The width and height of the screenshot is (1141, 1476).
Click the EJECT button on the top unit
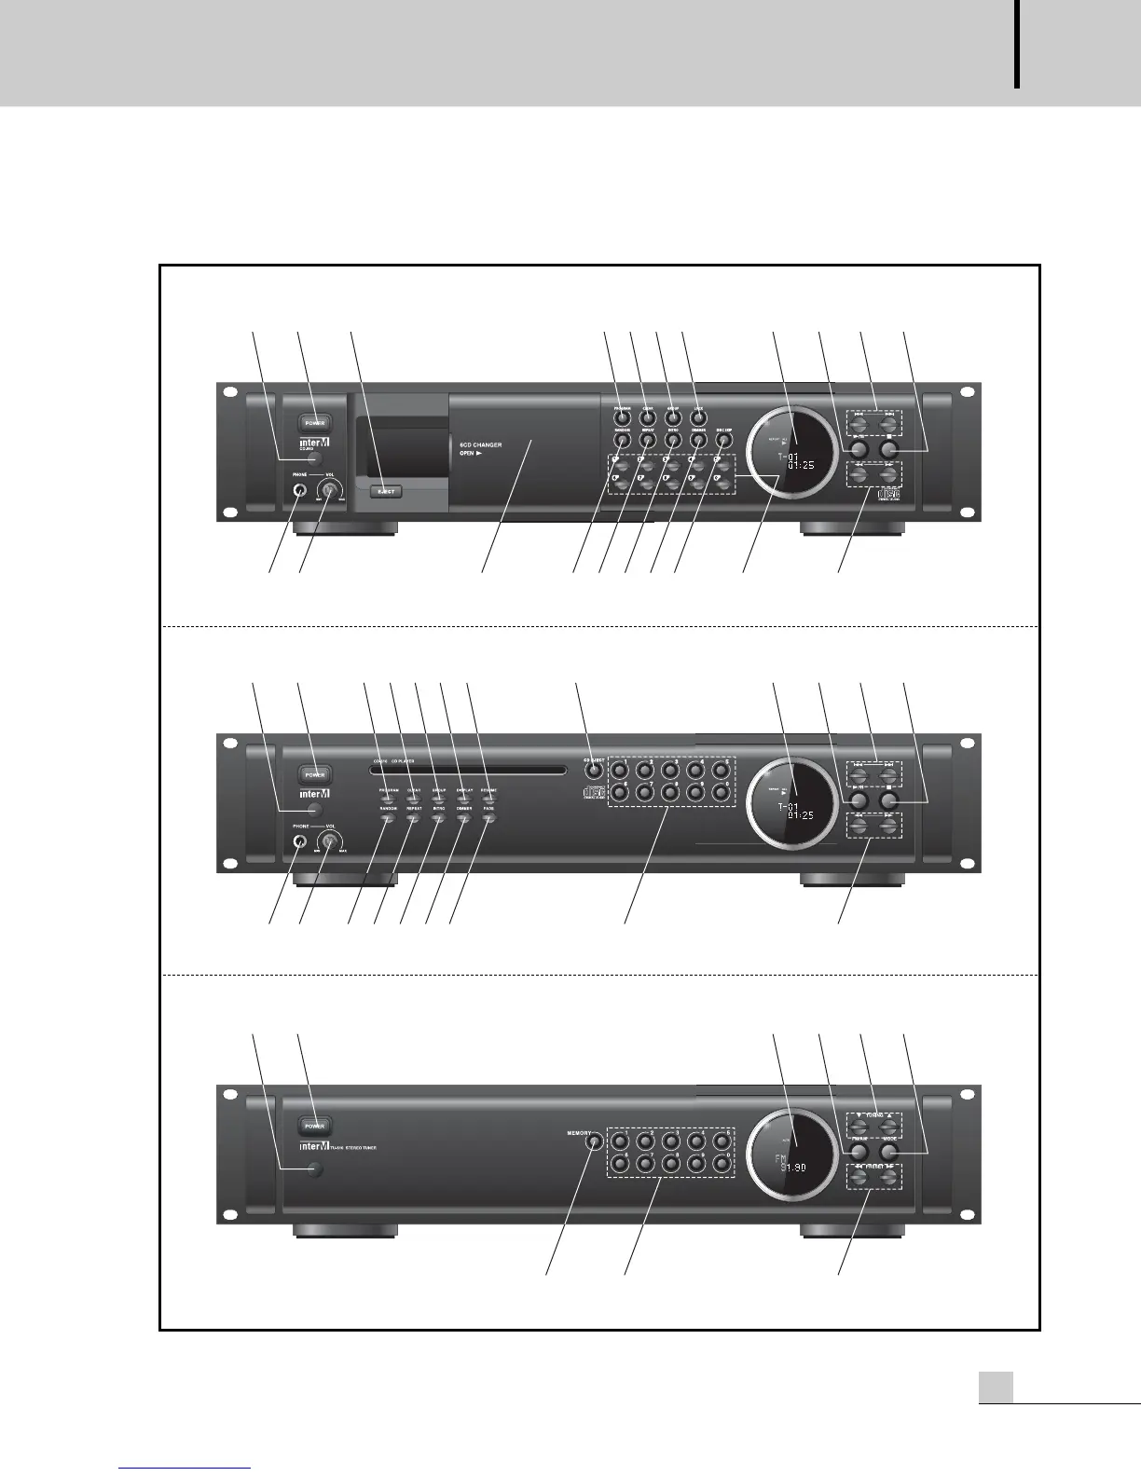coord(386,490)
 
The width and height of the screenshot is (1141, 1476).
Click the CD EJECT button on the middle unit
coord(594,771)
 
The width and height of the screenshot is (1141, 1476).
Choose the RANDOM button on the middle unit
coord(389,817)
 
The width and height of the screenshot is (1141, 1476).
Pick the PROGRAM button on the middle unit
coord(389,799)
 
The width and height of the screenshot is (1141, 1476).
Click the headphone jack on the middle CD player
coord(299,841)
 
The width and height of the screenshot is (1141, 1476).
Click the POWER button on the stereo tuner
coord(315,1125)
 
